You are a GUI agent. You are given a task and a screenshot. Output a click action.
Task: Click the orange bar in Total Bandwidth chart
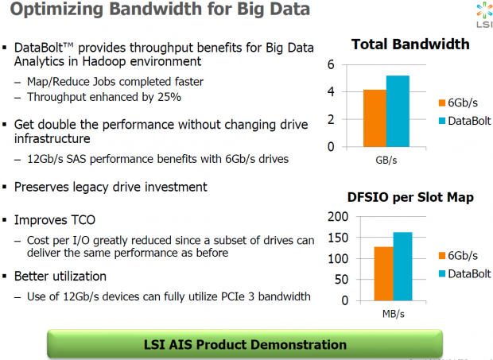[375, 118]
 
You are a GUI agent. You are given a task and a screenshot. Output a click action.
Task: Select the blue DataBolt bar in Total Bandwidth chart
[398, 111]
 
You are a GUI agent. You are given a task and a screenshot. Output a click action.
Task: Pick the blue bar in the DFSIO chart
[403, 267]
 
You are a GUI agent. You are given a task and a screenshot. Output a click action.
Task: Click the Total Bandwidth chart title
[410, 44]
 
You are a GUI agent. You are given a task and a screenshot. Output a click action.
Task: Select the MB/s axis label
[393, 315]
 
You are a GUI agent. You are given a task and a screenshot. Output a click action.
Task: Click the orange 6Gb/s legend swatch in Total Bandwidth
[442, 103]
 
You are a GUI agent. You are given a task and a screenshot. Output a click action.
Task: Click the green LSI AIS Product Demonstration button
[245, 344]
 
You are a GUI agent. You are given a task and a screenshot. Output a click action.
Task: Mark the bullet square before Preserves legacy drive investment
[6, 187]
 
